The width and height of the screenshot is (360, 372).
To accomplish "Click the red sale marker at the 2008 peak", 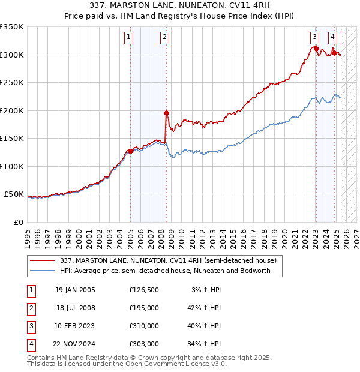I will click(x=166, y=113).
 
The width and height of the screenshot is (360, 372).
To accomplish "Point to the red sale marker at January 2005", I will click(x=130, y=151).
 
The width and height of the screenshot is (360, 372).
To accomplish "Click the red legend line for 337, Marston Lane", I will click(x=41, y=260).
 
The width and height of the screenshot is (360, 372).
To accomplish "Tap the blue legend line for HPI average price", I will click(x=41, y=271).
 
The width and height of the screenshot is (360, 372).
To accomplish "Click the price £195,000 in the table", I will click(x=144, y=308).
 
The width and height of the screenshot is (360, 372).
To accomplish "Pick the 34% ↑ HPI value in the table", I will click(x=204, y=344).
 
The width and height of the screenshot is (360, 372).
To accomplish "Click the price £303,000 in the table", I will click(x=144, y=344).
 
